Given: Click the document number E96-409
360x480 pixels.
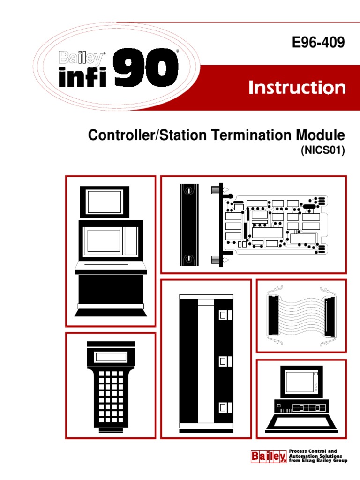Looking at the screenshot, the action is tap(318, 42).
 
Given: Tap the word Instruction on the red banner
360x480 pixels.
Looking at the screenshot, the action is tap(297, 88).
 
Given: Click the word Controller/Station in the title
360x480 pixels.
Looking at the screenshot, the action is tap(147, 135).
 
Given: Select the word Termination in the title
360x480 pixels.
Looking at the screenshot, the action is tap(251, 135).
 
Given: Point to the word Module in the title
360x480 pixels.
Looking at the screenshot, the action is tap(320, 135).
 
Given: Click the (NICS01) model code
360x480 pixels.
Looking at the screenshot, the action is tap(323, 150).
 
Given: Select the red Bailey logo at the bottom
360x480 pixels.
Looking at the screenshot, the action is tap(269, 457).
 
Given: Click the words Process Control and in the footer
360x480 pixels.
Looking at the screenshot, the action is tap(313, 451).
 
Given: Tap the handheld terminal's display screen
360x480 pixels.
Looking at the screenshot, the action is tap(111, 357).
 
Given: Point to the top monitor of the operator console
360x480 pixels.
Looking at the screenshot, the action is tap(105, 202).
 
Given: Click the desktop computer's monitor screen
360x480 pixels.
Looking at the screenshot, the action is tap(300, 382).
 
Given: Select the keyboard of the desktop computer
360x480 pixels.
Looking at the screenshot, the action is tap(301, 423).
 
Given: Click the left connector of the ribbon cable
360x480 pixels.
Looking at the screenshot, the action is tap(273, 315).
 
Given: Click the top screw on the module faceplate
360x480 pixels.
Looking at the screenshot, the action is tap(189, 190).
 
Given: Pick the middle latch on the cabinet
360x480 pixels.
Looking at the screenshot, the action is tap(225, 361).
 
